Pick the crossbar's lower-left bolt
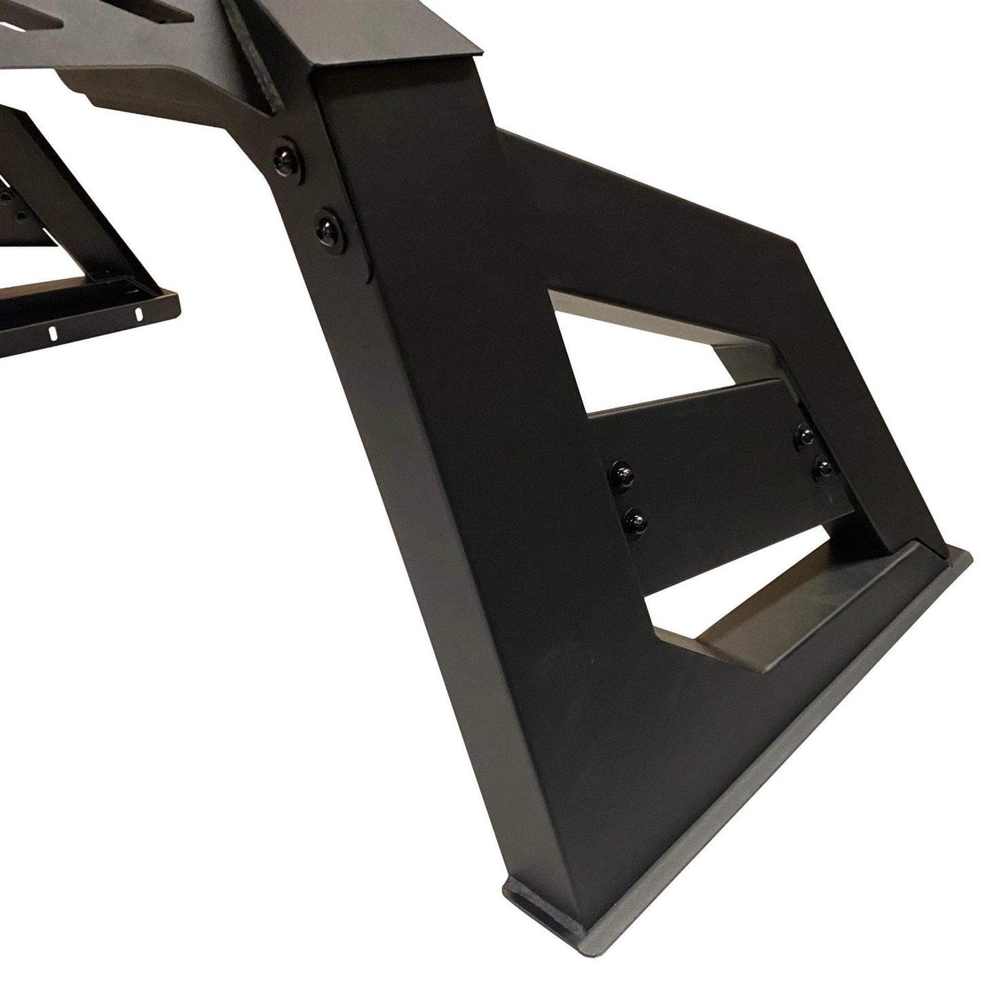click(636, 519)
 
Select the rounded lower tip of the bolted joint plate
click(367, 275)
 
